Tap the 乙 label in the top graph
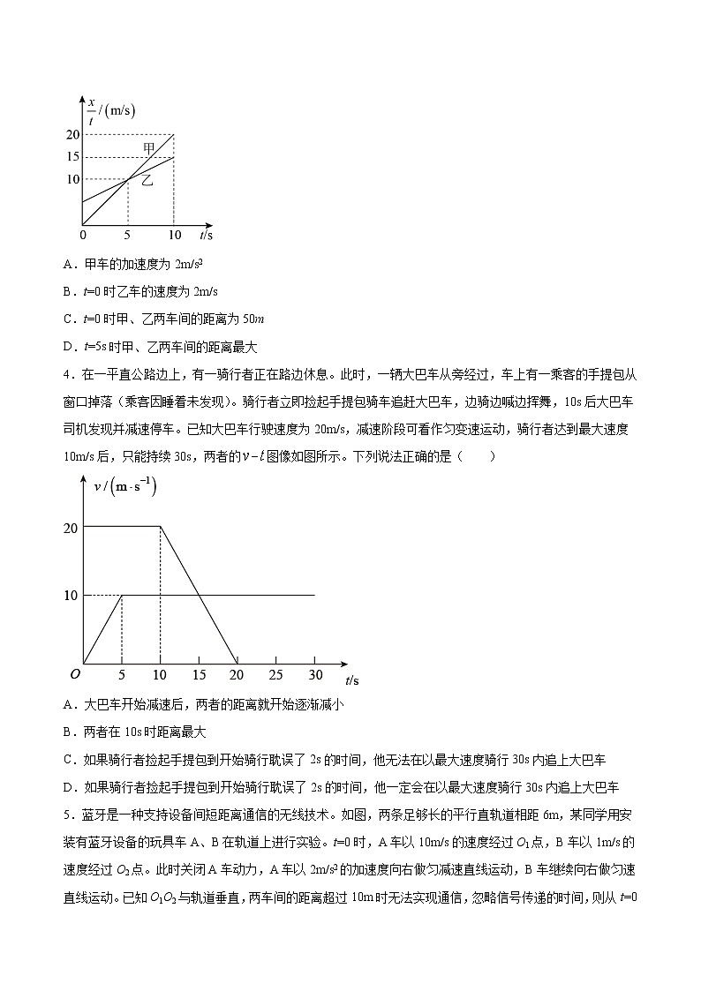[x=147, y=180]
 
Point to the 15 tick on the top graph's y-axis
[x=72, y=156]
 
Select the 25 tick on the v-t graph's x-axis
[x=276, y=675]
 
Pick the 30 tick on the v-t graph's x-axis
[x=314, y=675]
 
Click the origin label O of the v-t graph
[x=75, y=673]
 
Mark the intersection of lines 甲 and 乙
[x=128, y=179]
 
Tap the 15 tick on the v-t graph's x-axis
[x=200, y=675]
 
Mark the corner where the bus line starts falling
[x=160, y=527]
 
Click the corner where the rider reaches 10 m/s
[x=122, y=595]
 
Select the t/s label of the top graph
[x=206, y=236]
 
